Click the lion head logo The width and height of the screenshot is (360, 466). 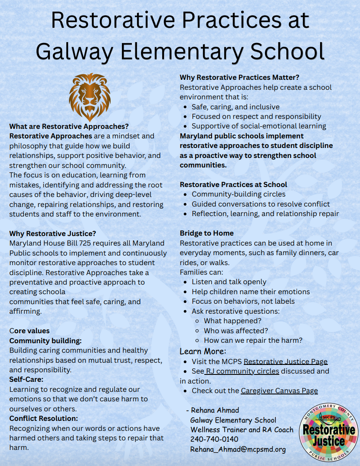(90, 97)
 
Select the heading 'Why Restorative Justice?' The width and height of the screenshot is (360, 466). (52, 233)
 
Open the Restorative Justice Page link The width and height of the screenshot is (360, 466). (285, 361)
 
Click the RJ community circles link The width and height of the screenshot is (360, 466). (242, 371)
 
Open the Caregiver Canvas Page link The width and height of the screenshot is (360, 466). (279, 391)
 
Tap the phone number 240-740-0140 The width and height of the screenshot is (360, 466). (214, 439)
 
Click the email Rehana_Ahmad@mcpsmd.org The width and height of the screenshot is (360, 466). (238, 449)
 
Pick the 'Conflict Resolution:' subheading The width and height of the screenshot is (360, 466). (44, 418)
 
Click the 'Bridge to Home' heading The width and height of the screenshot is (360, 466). (207, 233)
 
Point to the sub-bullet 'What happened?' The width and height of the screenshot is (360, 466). (232, 321)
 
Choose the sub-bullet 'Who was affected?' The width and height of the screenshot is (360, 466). (236, 331)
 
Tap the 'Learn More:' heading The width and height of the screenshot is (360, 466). (203, 351)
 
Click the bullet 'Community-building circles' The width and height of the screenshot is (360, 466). (239, 194)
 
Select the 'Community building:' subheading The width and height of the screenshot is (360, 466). (46, 341)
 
